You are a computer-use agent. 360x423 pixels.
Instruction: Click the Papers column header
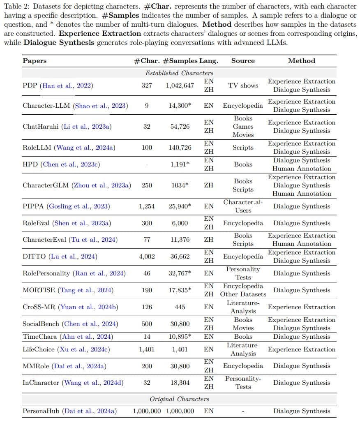[35, 61]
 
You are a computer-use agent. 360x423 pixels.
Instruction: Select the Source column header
[243, 61]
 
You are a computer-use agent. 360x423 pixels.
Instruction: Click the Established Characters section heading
[179, 73]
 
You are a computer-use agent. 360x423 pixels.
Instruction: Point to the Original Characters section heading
[179, 399]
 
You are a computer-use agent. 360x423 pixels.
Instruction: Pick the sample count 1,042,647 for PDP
[180, 86]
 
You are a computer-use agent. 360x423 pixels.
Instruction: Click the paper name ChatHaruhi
[41, 127]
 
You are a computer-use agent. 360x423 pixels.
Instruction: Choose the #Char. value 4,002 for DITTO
[147, 257]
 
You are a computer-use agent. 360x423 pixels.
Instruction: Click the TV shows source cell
[243, 86]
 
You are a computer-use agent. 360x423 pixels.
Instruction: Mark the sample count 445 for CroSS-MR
[180, 307]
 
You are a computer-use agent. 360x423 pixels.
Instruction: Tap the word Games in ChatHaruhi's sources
[243, 127]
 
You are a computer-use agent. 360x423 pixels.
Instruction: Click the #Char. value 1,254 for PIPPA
[147, 206]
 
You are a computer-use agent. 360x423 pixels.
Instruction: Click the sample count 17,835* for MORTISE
[180, 290]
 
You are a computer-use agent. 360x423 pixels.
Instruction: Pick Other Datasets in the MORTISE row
[243, 294]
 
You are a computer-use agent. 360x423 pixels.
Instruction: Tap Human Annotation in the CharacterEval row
[302, 244]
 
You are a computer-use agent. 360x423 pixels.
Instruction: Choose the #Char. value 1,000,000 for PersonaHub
[147, 411]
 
